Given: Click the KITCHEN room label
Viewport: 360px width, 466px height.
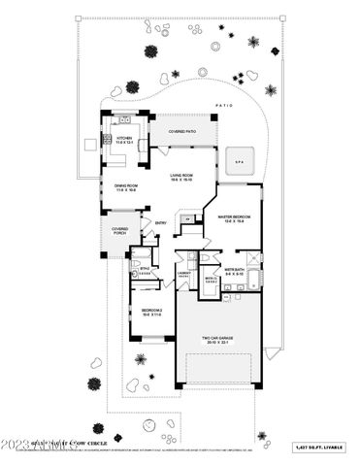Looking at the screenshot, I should tap(124, 138).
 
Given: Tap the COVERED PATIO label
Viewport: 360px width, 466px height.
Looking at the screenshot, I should tap(181, 131).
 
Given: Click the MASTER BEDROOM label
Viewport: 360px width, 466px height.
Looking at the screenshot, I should tap(235, 216).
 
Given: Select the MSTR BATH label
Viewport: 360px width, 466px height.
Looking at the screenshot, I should tap(234, 269).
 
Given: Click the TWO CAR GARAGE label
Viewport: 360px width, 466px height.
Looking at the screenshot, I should tap(217, 338).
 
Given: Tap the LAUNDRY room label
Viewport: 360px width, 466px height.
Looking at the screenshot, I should tap(182, 273).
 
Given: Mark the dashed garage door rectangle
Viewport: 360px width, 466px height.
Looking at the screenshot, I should tap(219, 371).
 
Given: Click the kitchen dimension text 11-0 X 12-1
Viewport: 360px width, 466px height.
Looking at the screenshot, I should tap(124, 143).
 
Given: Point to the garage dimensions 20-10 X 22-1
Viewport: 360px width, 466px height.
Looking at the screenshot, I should tap(217, 344).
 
